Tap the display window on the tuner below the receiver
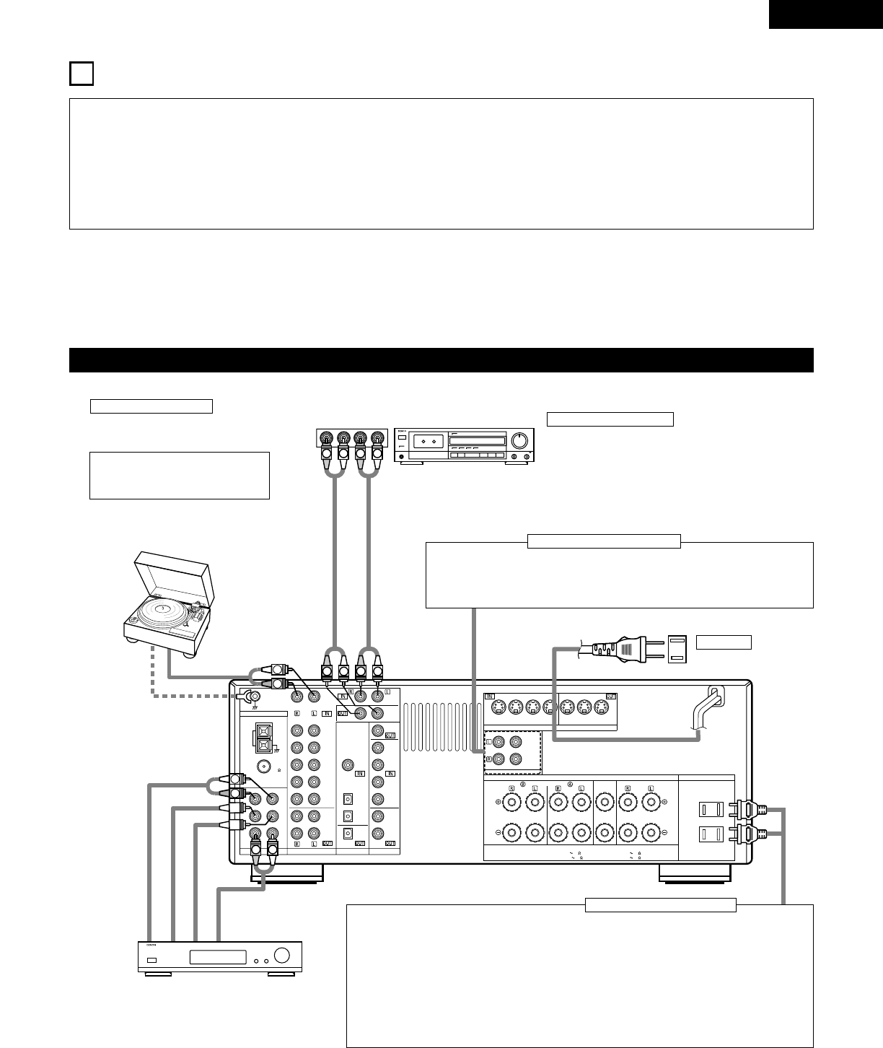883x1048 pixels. [x=219, y=958]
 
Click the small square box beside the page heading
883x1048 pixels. [x=82, y=74]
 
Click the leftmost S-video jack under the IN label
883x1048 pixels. [x=498, y=709]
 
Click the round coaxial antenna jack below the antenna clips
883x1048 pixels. [x=265, y=768]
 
